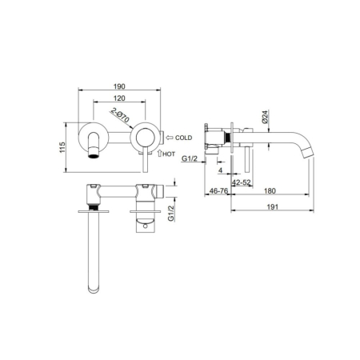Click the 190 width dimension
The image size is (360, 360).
tap(119, 86)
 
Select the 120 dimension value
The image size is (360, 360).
tap(119, 98)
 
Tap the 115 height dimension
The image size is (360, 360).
tap(62, 147)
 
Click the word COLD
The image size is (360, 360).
tap(183, 138)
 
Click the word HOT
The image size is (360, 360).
tap(169, 154)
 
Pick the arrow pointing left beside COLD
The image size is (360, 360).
tap(170, 138)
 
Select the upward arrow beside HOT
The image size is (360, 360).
tap(160, 153)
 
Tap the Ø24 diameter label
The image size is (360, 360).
tap(265, 117)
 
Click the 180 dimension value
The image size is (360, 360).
tap(270, 191)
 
